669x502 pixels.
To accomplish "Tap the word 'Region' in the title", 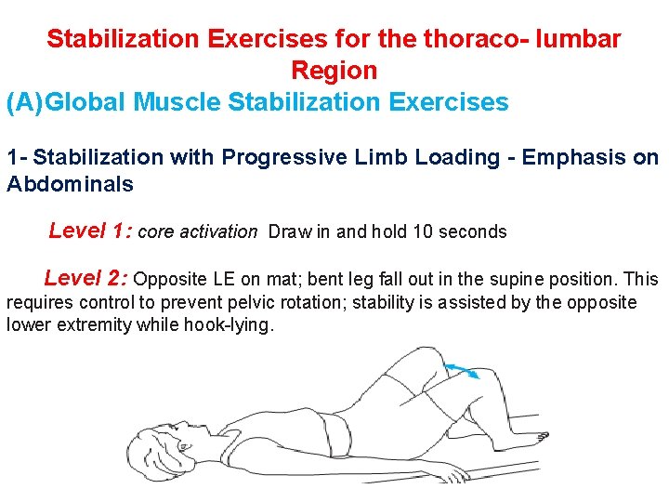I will coord(334,71).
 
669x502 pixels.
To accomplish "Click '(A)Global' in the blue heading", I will coord(67,101).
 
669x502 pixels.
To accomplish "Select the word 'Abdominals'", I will coord(70,184).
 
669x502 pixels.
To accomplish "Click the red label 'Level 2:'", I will coord(85,278).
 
